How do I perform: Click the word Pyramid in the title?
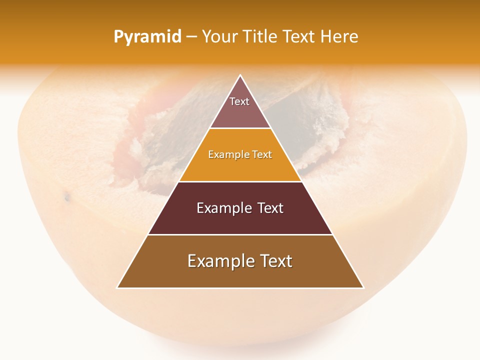coord(147,37)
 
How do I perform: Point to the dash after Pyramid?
coord(191,37)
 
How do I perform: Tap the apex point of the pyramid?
coord(240,75)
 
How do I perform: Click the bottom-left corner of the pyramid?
coord(117,287)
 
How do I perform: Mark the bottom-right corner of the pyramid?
coord(363,287)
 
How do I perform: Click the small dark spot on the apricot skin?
coord(67,198)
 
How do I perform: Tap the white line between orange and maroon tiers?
coord(240,181)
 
